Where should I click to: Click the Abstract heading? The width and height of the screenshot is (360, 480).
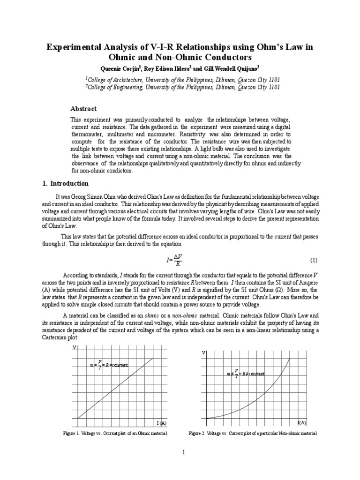(x=83, y=109)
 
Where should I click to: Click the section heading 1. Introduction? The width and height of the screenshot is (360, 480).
(x=65, y=183)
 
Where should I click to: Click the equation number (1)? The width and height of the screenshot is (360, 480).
(x=314, y=260)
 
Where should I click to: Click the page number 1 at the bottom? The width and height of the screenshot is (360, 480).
(x=184, y=452)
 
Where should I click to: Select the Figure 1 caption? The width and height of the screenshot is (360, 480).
(x=115, y=434)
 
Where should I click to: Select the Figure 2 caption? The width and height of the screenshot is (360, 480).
(x=253, y=434)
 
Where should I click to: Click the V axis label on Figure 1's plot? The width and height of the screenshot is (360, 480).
(x=74, y=348)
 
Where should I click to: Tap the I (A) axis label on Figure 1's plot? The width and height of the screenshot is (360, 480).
(x=161, y=423)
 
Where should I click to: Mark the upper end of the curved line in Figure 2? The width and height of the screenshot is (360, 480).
(x=289, y=359)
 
